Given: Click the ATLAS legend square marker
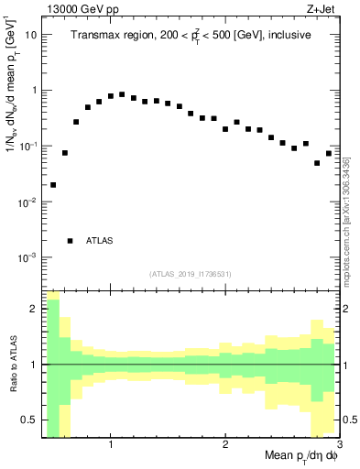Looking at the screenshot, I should pyautogui.click(x=71, y=241).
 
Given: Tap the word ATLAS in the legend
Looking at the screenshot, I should pyautogui.click(x=100, y=241).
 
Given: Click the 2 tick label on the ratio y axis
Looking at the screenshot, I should pyautogui.click(x=34, y=309).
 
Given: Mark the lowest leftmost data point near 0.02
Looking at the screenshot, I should pyautogui.click(x=53, y=185).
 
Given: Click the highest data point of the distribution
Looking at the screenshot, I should pyautogui.click(x=122, y=94).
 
